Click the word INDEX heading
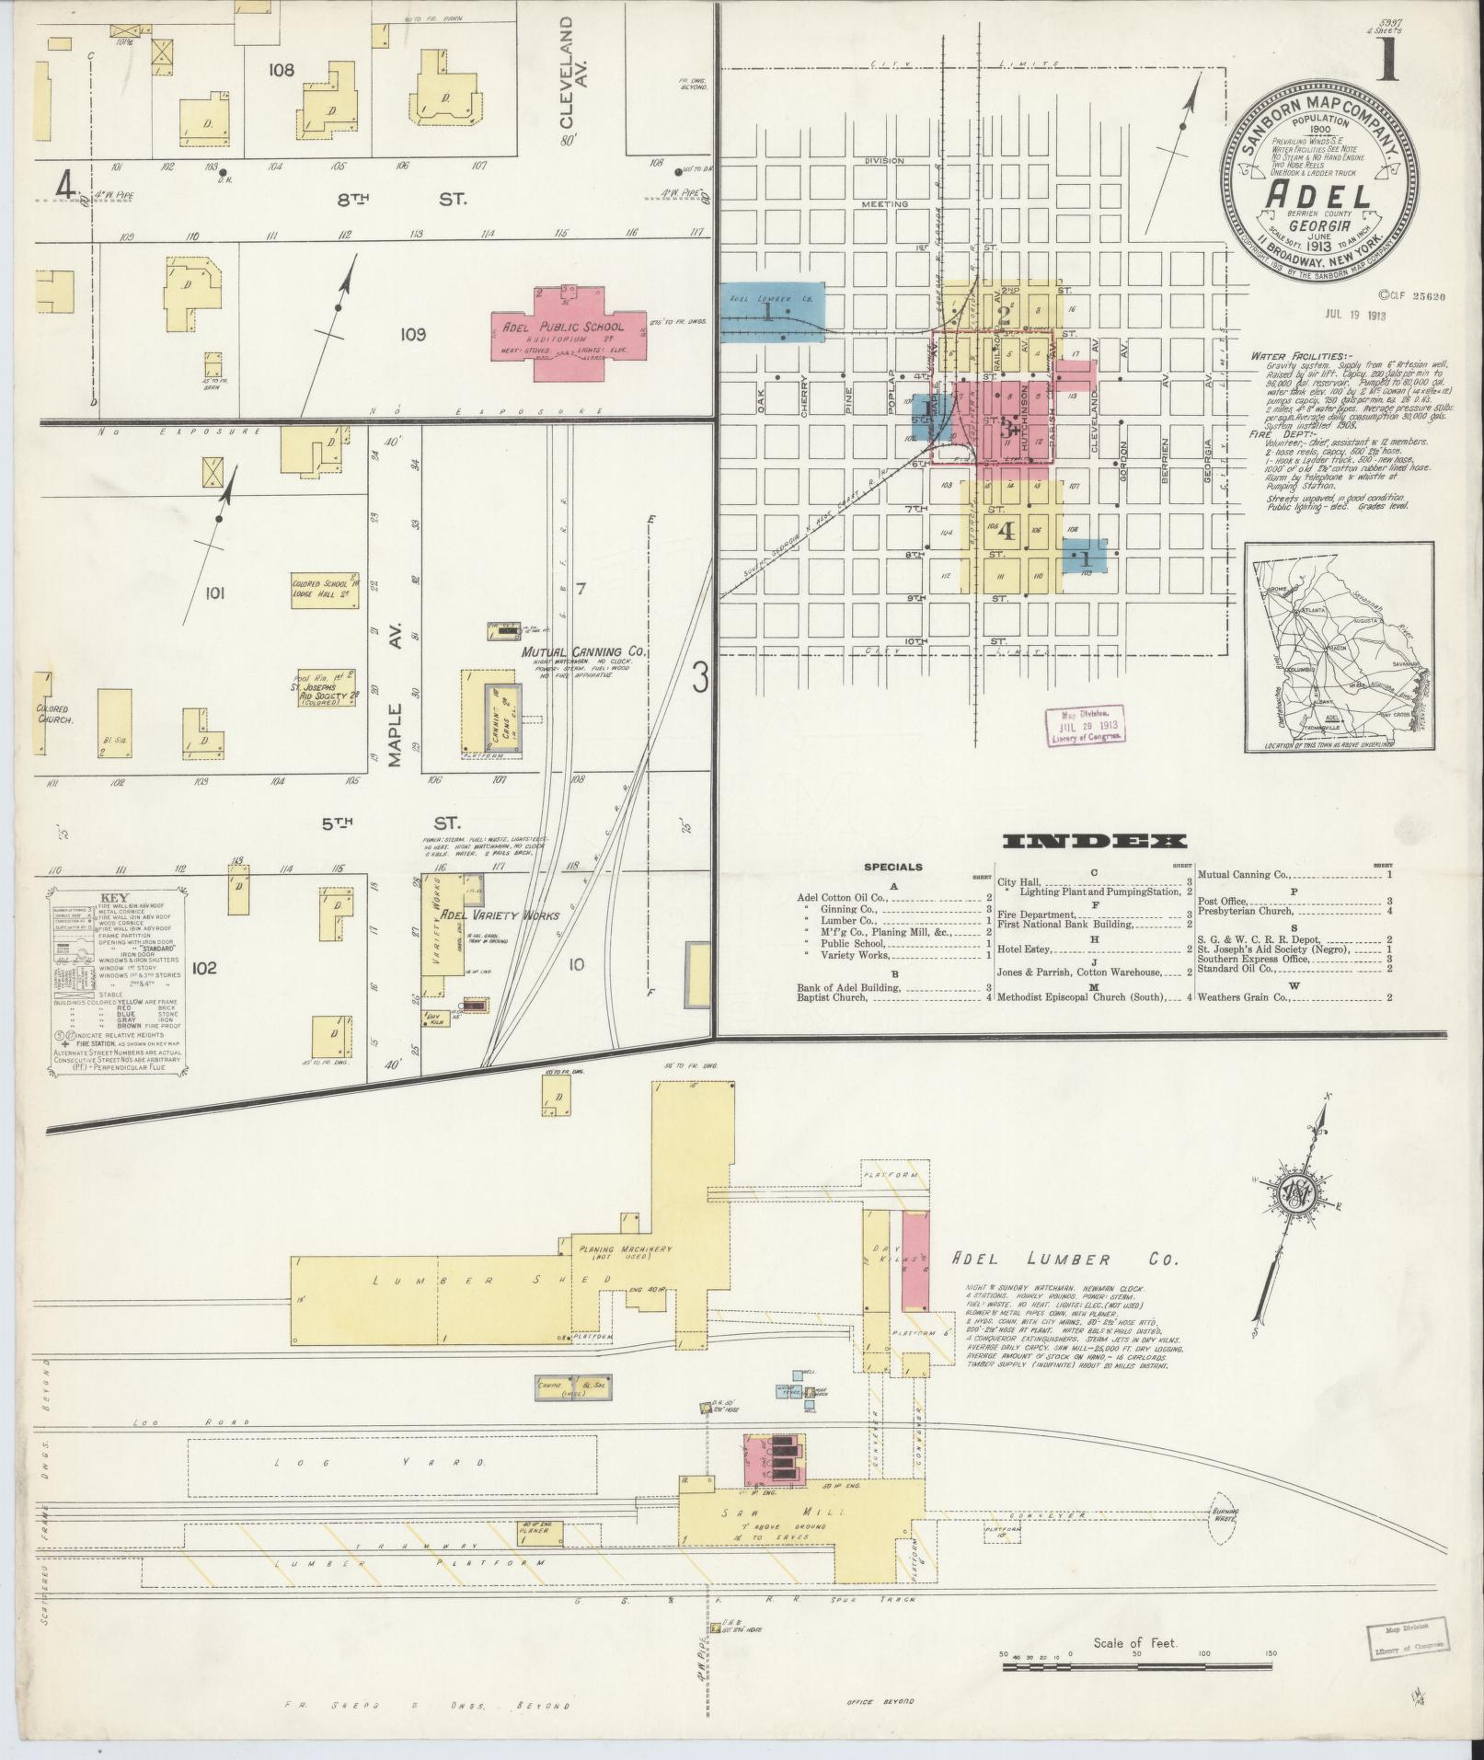pyautogui.click(x=1095, y=841)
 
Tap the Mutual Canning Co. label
pyautogui.click(x=584, y=651)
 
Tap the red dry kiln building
pyautogui.click(x=915, y=1260)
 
